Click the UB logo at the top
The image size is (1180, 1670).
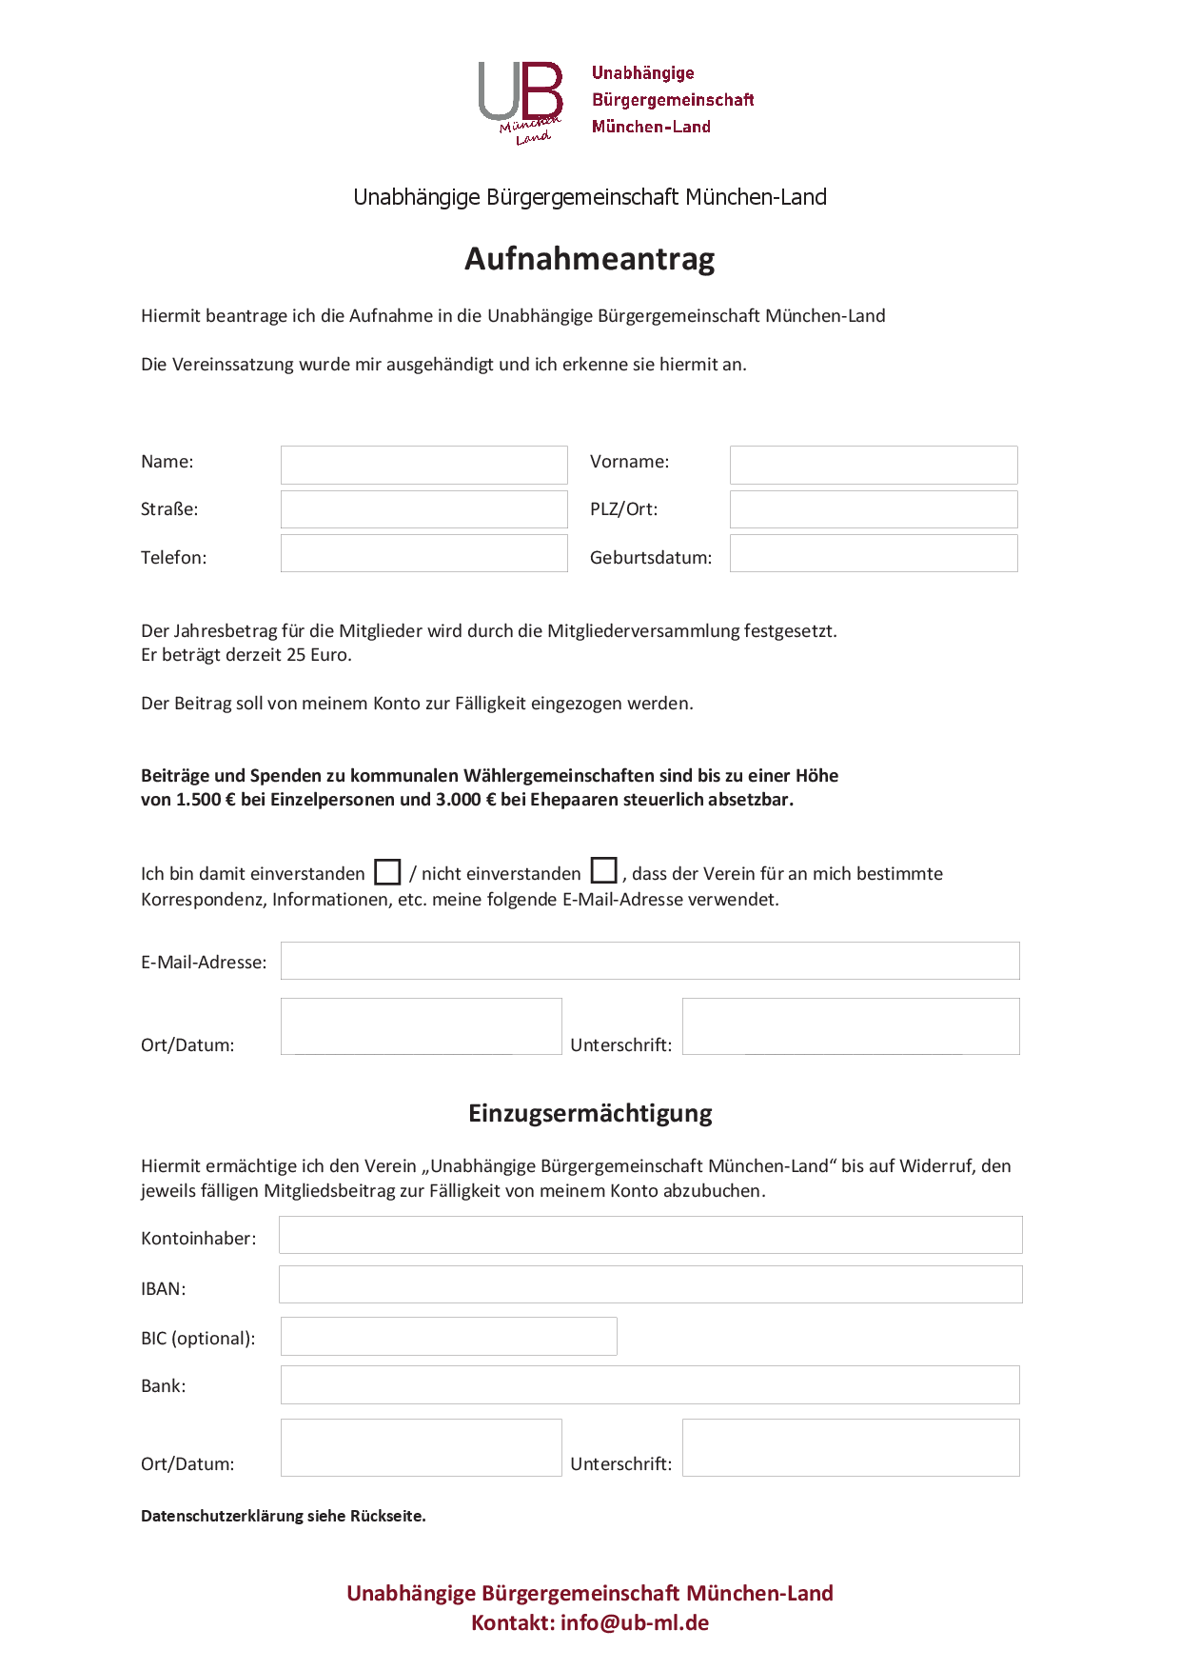click(x=521, y=101)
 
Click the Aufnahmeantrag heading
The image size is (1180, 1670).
click(x=589, y=259)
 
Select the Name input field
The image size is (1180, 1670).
click(x=423, y=465)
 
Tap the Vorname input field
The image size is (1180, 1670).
click(x=873, y=465)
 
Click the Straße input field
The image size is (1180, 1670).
click(x=423, y=509)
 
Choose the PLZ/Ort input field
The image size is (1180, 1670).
click(x=873, y=509)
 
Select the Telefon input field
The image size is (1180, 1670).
click(x=423, y=553)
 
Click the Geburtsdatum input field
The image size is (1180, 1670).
click(x=873, y=553)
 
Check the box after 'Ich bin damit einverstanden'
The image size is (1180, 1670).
click(x=387, y=872)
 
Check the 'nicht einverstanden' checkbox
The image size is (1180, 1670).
click(x=603, y=871)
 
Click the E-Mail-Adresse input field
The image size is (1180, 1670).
click(x=649, y=961)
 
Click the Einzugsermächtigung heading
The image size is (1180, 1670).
click(x=590, y=1113)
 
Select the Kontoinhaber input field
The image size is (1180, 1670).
click(x=650, y=1235)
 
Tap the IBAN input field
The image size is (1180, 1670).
click(x=650, y=1284)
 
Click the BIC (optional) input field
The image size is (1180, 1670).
click(x=448, y=1336)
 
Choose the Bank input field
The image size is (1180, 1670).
click(x=649, y=1384)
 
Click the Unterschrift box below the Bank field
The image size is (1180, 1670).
click(x=850, y=1447)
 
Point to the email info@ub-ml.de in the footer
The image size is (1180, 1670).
click(x=635, y=1622)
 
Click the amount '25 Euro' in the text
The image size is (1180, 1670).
click(x=318, y=655)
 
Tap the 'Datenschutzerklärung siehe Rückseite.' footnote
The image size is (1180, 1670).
click(x=283, y=1516)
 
